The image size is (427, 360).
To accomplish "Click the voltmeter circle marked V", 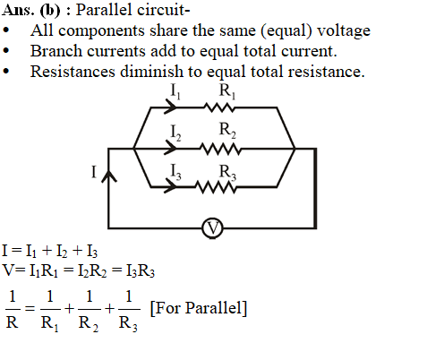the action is pyautogui.click(x=212, y=228).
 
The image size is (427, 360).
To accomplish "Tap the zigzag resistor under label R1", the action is pyautogui.click(x=219, y=107).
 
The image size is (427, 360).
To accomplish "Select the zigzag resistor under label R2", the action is pyautogui.click(x=220, y=149).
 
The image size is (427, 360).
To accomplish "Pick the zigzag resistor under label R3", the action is pyautogui.click(x=216, y=187).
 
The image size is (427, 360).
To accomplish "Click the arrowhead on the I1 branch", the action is pyautogui.click(x=170, y=107).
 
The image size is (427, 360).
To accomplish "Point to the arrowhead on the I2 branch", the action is pyautogui.click(x=170, y=149).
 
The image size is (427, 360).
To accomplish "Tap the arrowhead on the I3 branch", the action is pyautogui.click(x=170, y=187).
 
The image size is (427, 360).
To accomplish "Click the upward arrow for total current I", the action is pyautogui.click(x=109, y=176).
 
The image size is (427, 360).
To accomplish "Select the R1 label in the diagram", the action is pyautogui.click(x=227, y=91).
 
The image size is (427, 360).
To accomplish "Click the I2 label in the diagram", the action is pyautogui.click(x=175, y=133).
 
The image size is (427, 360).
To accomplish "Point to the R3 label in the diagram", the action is pyautogui.click(x=227, y=173).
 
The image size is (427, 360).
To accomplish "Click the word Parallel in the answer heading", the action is pyautogui.click(x=104, y=10).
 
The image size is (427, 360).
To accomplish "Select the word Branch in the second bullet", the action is pyautogui.click(x=56, y=51).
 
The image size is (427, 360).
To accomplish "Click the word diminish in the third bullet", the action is pyautogui.click(x=151, y=72).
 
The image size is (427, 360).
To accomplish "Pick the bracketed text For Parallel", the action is pyautogui.click(x=199, y=308).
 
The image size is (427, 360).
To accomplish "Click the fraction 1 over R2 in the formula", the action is pyautogui.click(x=89, y=312).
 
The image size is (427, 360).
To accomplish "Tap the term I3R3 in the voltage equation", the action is pyautogui.click(x=141, y=271).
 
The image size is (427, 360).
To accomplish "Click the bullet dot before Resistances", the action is pyautogui.click(x=6, y=72).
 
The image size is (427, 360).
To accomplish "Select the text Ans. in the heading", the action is pyautogui.click(x=17, y=10).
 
